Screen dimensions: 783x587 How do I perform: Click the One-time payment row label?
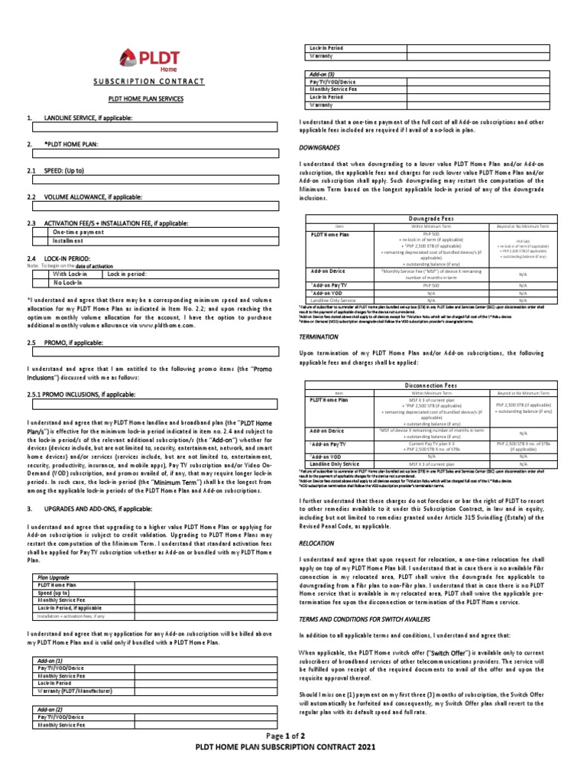pyautogui.click(x=79, y=231)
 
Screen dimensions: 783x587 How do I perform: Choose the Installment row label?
pyautogui.click(x=70, y=240)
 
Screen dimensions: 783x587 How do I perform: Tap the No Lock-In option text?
pyautogui.click(x=69, y=282)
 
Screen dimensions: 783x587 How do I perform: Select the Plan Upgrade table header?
pyautogui.click(x=56, y=577)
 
